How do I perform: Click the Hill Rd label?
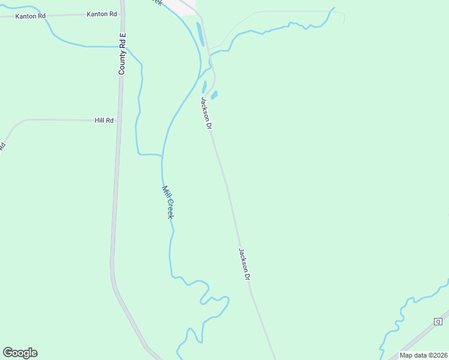pos(104,121)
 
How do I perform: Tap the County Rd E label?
pos(122,54)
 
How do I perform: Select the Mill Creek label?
pos(167,202)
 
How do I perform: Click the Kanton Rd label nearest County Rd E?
pos(101,13)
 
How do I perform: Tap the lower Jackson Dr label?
pos(244,265)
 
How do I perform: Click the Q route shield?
pos(438,322)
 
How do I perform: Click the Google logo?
pos(20,353)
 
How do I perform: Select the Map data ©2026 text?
pos(423,355)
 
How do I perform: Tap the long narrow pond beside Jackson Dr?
pos(200,34)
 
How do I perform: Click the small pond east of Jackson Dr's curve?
pos(214,95)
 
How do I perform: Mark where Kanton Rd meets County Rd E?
pos(122,13)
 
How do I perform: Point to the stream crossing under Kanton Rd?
pos(47,16)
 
